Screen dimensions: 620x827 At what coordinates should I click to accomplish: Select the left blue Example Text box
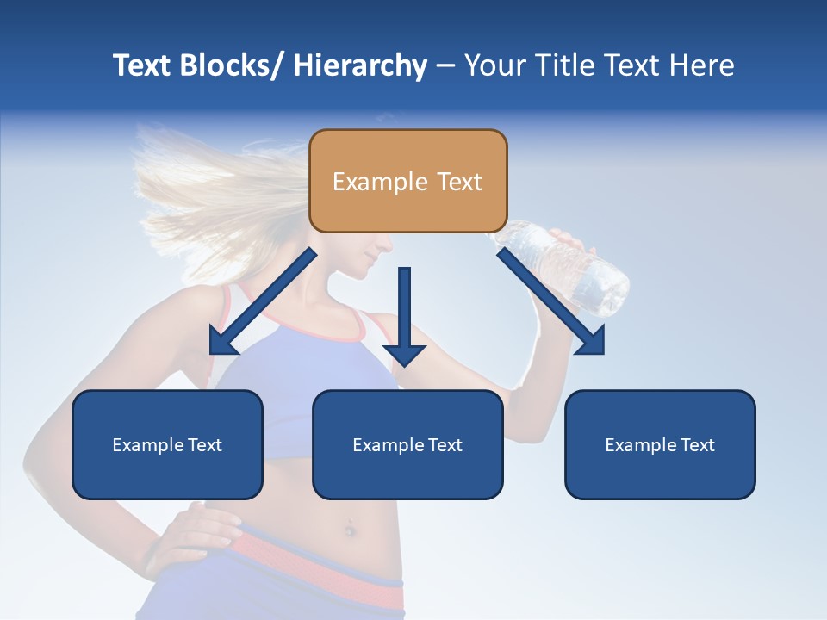pyautogui.click(x=167, y=444)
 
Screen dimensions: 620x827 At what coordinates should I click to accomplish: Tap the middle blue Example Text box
pyautogui.click(x=407, y=444)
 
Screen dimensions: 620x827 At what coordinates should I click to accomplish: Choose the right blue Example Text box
pyautogui.click(x=660, y=444)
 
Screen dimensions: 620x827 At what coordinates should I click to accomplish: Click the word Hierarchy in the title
pyautogui.click(x=360, y=65)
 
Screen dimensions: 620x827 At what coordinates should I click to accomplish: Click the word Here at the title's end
pyautogui.click(x=702, y=65)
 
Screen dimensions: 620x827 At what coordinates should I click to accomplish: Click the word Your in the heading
pyautogui.click(x=496, y=65)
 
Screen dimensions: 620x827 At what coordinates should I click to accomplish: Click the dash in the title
pyautogui.click(x=445, y=65)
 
